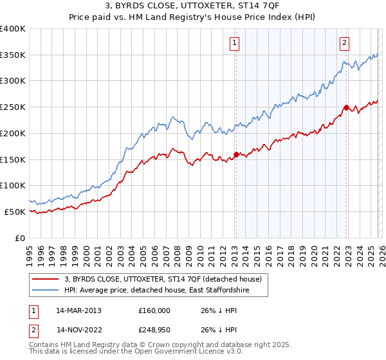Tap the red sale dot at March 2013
tap(236, 154)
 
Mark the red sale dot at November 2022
tap(346, 107)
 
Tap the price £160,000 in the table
tap(154, 310)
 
